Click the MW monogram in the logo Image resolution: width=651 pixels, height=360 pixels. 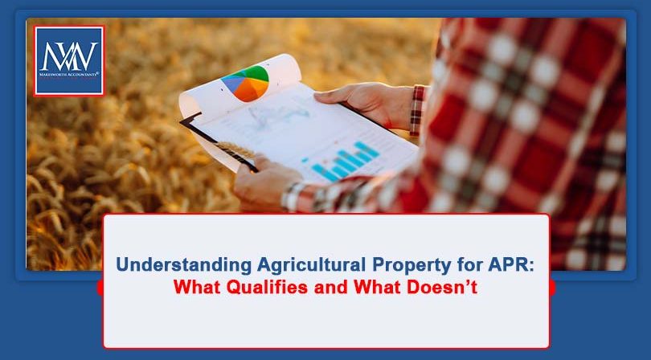(69, 55)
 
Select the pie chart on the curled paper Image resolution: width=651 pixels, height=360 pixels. (245, 82)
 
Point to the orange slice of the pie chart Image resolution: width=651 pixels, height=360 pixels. (245, 91)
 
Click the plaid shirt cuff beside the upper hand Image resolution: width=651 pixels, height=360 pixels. (416, 108)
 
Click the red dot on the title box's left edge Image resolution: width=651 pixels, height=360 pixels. (100, 287)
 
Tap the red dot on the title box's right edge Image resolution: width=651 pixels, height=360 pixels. (552, 287)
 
